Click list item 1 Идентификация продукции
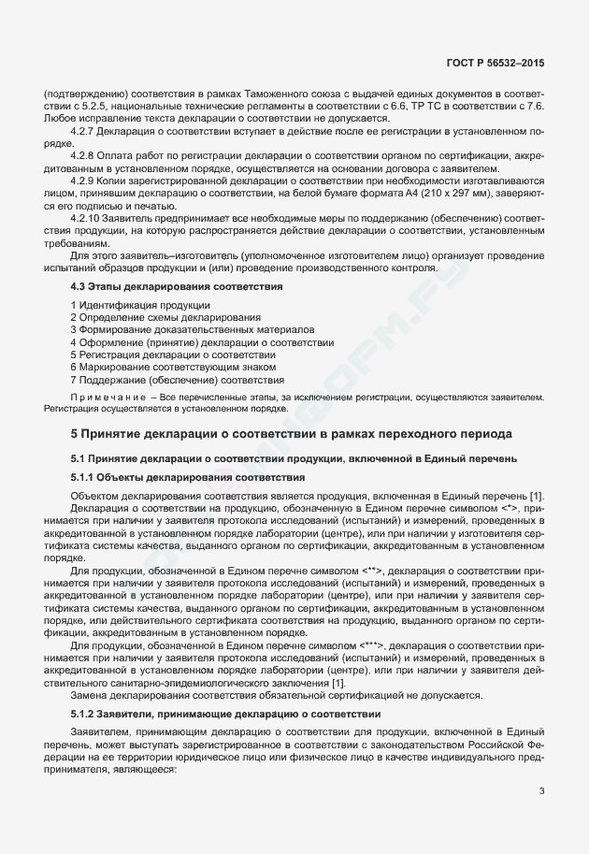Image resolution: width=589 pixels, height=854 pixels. (140, 306)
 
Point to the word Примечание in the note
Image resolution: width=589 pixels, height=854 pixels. (111, 398)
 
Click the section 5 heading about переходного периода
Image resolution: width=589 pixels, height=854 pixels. (291, 435)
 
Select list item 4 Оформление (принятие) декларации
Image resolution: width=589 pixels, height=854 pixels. (202, 343)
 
